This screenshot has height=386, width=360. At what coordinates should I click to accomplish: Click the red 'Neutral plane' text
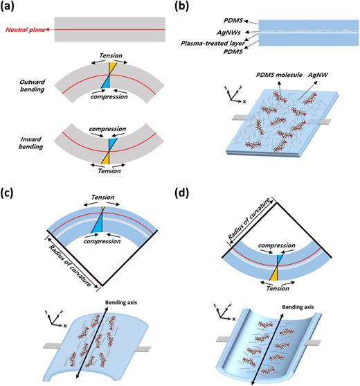pos(26,30)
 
